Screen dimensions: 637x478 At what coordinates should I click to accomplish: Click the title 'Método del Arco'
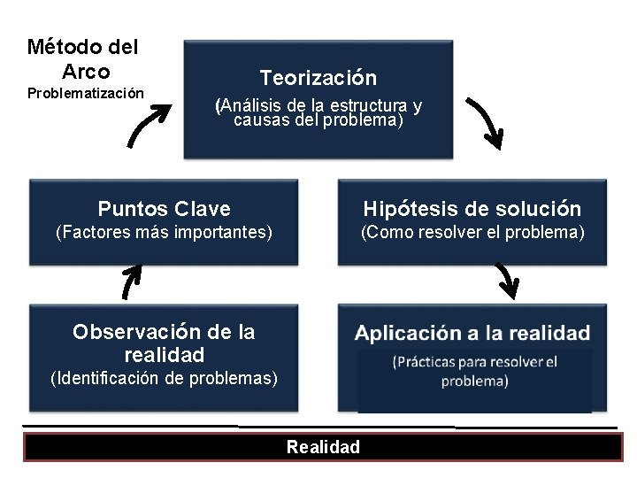tap(82, 58)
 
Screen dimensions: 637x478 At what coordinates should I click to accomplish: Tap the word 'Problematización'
tap(85, 93)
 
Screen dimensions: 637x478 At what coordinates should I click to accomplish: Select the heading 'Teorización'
tap(318, 78)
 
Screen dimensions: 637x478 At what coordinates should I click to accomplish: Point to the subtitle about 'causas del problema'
tap(318, 113)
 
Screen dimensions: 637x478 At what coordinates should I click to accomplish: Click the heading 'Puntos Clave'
tap(164, 209)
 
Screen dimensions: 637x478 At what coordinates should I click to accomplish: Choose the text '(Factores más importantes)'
tap(164, 233)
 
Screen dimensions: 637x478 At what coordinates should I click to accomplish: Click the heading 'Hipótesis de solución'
tap(472, 209)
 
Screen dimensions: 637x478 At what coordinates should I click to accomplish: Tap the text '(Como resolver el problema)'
tap(472, 233)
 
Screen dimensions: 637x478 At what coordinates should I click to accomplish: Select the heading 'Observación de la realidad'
tap(164, 343)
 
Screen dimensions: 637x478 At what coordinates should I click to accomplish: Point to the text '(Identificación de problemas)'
tap(164, 379)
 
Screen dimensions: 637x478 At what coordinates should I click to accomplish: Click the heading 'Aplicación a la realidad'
tap(472, 334)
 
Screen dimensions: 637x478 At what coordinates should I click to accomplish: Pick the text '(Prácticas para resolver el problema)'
tap(474, 372)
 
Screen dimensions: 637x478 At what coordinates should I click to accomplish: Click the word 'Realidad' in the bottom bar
tap(323, 447)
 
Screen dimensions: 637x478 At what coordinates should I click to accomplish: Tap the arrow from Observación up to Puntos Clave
tap(130, 282)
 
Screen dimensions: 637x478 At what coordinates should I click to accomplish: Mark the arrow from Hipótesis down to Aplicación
tap(506, 281)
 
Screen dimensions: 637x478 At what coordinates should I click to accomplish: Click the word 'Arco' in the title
tap(86, 71)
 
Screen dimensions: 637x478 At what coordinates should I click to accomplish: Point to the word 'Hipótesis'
tap(410, 209)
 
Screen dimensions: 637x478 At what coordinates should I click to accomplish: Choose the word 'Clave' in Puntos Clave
tap(203, 209)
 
